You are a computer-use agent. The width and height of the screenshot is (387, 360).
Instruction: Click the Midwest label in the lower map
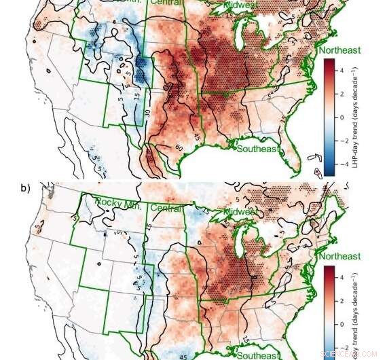click(238, 212)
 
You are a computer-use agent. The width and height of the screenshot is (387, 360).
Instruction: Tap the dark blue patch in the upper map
click(143, 68)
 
